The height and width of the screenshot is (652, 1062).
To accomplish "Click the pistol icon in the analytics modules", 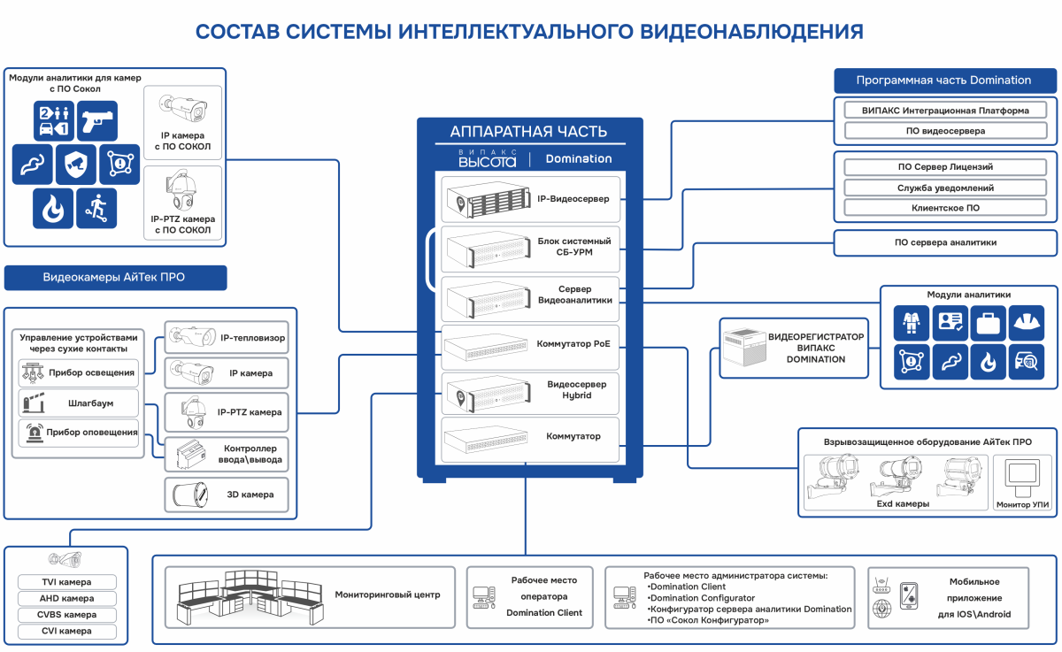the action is (97, 121).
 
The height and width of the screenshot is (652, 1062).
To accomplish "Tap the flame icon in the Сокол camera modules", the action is (53, 209).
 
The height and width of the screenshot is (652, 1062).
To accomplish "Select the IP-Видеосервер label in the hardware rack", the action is (573, 199).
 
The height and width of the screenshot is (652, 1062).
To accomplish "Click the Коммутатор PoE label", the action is (573, 343).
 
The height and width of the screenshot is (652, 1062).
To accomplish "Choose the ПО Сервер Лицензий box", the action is (945, 167).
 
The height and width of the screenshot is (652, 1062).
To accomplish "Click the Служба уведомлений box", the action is (945, 188).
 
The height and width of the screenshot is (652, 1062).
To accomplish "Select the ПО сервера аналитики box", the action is (945, 242).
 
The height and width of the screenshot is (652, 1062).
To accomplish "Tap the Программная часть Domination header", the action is (945, 81).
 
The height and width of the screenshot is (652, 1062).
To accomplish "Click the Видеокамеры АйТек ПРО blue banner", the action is (115, 277).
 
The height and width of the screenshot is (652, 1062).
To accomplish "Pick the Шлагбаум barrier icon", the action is (34, 403).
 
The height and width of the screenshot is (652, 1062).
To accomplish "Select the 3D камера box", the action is (227, 495).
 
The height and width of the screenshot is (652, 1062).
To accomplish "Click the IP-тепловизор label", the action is (252, 338).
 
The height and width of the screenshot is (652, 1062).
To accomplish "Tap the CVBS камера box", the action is (67, 615).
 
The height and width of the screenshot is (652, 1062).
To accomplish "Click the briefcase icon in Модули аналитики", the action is (988, 323).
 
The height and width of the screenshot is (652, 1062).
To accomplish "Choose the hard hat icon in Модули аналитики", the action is (1027, 323).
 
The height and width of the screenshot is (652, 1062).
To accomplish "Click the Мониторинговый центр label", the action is (388, 594).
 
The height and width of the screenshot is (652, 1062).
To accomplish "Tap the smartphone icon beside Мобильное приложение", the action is (909, 595).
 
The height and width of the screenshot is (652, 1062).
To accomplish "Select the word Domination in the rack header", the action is (579, 158).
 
